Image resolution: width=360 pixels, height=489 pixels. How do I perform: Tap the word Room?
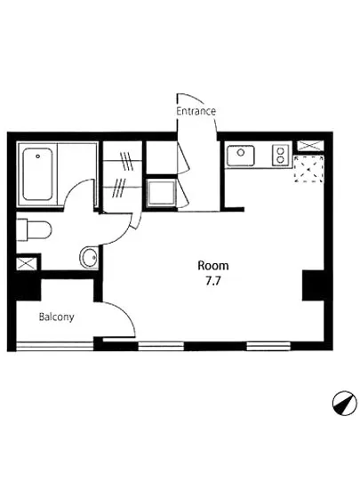pyautogui.click(x=213, y=265)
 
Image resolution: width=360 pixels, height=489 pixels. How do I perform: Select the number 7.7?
pyautogui.click(x=213, y=281)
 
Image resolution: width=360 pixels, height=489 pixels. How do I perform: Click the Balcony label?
pyautogui.click(x=55, y=317)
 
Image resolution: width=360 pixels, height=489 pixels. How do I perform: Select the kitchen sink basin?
pyautogui.click(x=240, y=156)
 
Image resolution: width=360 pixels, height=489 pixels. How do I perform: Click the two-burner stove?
pyautogui.click(x=278, y=157)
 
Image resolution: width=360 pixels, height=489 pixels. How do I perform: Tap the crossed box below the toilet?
pyautogui.click(x=26, y=264)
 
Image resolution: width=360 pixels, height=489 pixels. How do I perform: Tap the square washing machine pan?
pyautogui.click(x=160, y=193)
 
